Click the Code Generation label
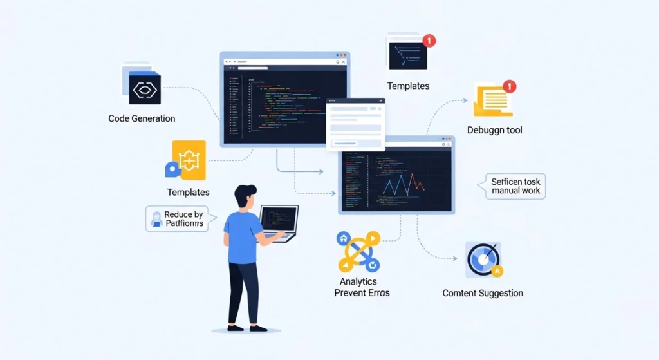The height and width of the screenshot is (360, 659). (x=142, y=118)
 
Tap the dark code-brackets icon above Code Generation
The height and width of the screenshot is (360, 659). (x=144, y=90)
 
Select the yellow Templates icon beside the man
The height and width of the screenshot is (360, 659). (x=188, y=161)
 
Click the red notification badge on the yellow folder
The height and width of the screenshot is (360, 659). (x=509, y=86)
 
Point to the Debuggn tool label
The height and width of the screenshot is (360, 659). (x=494, y=130)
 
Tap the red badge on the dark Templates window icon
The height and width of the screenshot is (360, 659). (x=429, y=41)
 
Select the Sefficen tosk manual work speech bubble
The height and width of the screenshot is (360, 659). (x=515, y=186)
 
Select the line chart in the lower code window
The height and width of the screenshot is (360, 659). (x=403, y=185)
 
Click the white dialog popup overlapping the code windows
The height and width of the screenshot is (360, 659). (x=355, y=124)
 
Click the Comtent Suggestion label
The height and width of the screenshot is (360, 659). (x=483, y=294)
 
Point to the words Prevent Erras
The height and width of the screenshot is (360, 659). (x=362, y=293)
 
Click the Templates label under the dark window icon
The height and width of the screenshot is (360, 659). (x=408, y=86)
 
